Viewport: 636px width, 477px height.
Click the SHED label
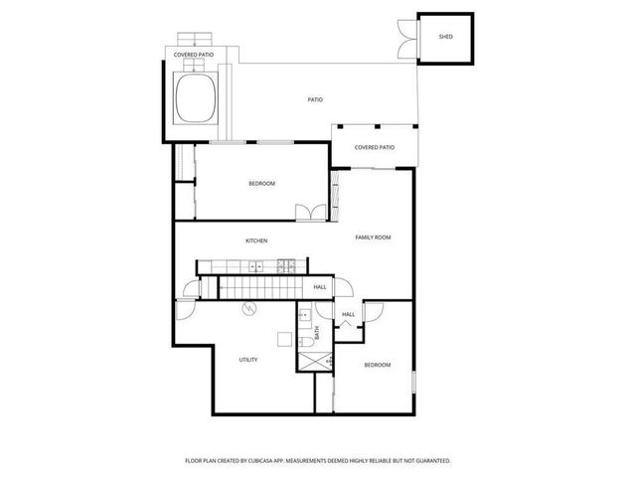click(445, 37)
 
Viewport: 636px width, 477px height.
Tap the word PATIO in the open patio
click(314, 99)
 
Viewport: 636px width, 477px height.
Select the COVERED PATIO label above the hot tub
click(194, 56)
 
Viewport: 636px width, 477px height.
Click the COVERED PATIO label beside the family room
click(375, 147)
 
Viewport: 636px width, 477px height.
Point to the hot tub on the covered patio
click(197, 96)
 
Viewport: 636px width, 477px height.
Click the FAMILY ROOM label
click(374, 238)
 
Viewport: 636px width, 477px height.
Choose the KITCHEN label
click(256, 240)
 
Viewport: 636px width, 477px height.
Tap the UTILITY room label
click(248, 360)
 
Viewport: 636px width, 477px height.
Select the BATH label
click(317, 334)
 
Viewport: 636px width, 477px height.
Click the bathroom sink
click(303, 315)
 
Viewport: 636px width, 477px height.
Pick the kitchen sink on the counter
click(255, 265)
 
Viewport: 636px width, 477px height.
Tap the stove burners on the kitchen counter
click(286, 265)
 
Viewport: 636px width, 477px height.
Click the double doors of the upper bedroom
click(309, 211)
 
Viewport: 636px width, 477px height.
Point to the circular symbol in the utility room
click(247, 308)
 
